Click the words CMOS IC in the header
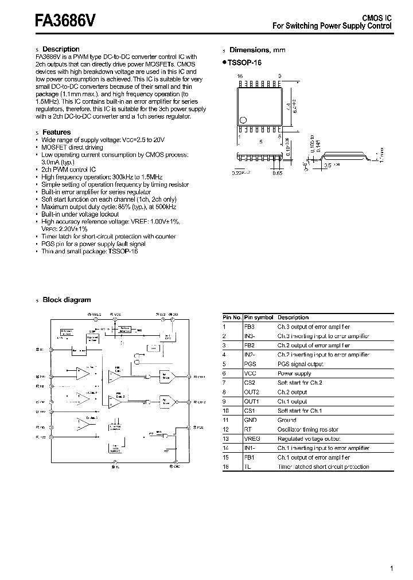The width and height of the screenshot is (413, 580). point(376,18)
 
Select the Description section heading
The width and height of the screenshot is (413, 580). point(61,49)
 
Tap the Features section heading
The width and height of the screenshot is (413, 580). point(57,132)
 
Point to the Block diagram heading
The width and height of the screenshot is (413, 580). point(67,300)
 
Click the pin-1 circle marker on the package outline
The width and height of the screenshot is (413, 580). point(243,120)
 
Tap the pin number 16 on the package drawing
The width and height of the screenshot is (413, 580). point(240,76)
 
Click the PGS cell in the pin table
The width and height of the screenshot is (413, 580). point(250,364)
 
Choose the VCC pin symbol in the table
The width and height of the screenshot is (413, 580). point(250,373)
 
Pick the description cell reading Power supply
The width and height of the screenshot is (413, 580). point(294,373)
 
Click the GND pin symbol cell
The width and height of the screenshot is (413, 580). point(251,420)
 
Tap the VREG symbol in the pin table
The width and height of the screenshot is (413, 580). point(252,438)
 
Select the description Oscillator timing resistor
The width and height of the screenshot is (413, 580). point(308,429)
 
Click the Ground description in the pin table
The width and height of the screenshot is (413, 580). point(287,420)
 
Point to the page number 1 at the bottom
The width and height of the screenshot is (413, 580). point(391,569)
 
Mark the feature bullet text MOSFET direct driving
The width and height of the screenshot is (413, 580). point(72,147)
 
